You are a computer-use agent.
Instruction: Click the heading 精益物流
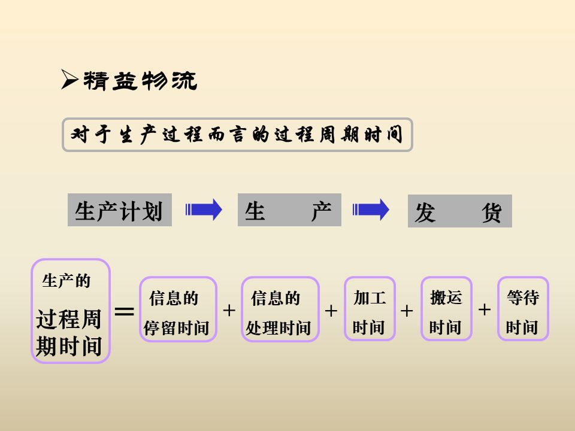pos(140,81)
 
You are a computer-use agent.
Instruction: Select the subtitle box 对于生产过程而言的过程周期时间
pos(237,135)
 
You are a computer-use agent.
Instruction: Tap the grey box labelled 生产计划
pos(119,210)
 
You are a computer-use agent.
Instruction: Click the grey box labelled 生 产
pos(289,210)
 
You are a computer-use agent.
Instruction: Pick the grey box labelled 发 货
pos(459,211)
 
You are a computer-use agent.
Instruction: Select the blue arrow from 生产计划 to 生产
pos(204,210)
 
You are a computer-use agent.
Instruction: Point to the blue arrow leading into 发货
pos(371,210)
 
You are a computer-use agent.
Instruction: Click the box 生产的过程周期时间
pos(71,311)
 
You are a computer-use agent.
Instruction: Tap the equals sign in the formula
pos(124,311)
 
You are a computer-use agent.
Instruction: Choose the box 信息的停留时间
pos(178,309)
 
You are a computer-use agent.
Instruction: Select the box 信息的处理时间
pos(280,309)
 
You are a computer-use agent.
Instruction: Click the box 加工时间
pos(370,309)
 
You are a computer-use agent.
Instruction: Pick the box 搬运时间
pos(446,309)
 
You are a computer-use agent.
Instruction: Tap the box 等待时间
pos(523,309)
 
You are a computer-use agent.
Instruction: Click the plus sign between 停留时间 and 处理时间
pos(229,310)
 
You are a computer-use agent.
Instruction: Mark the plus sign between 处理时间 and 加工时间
pos(331,311)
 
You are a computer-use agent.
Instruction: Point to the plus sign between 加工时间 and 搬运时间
pos(407,311)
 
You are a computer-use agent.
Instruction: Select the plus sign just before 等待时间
pos(485,309)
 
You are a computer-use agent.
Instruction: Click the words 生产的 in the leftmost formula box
pos(66,281)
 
